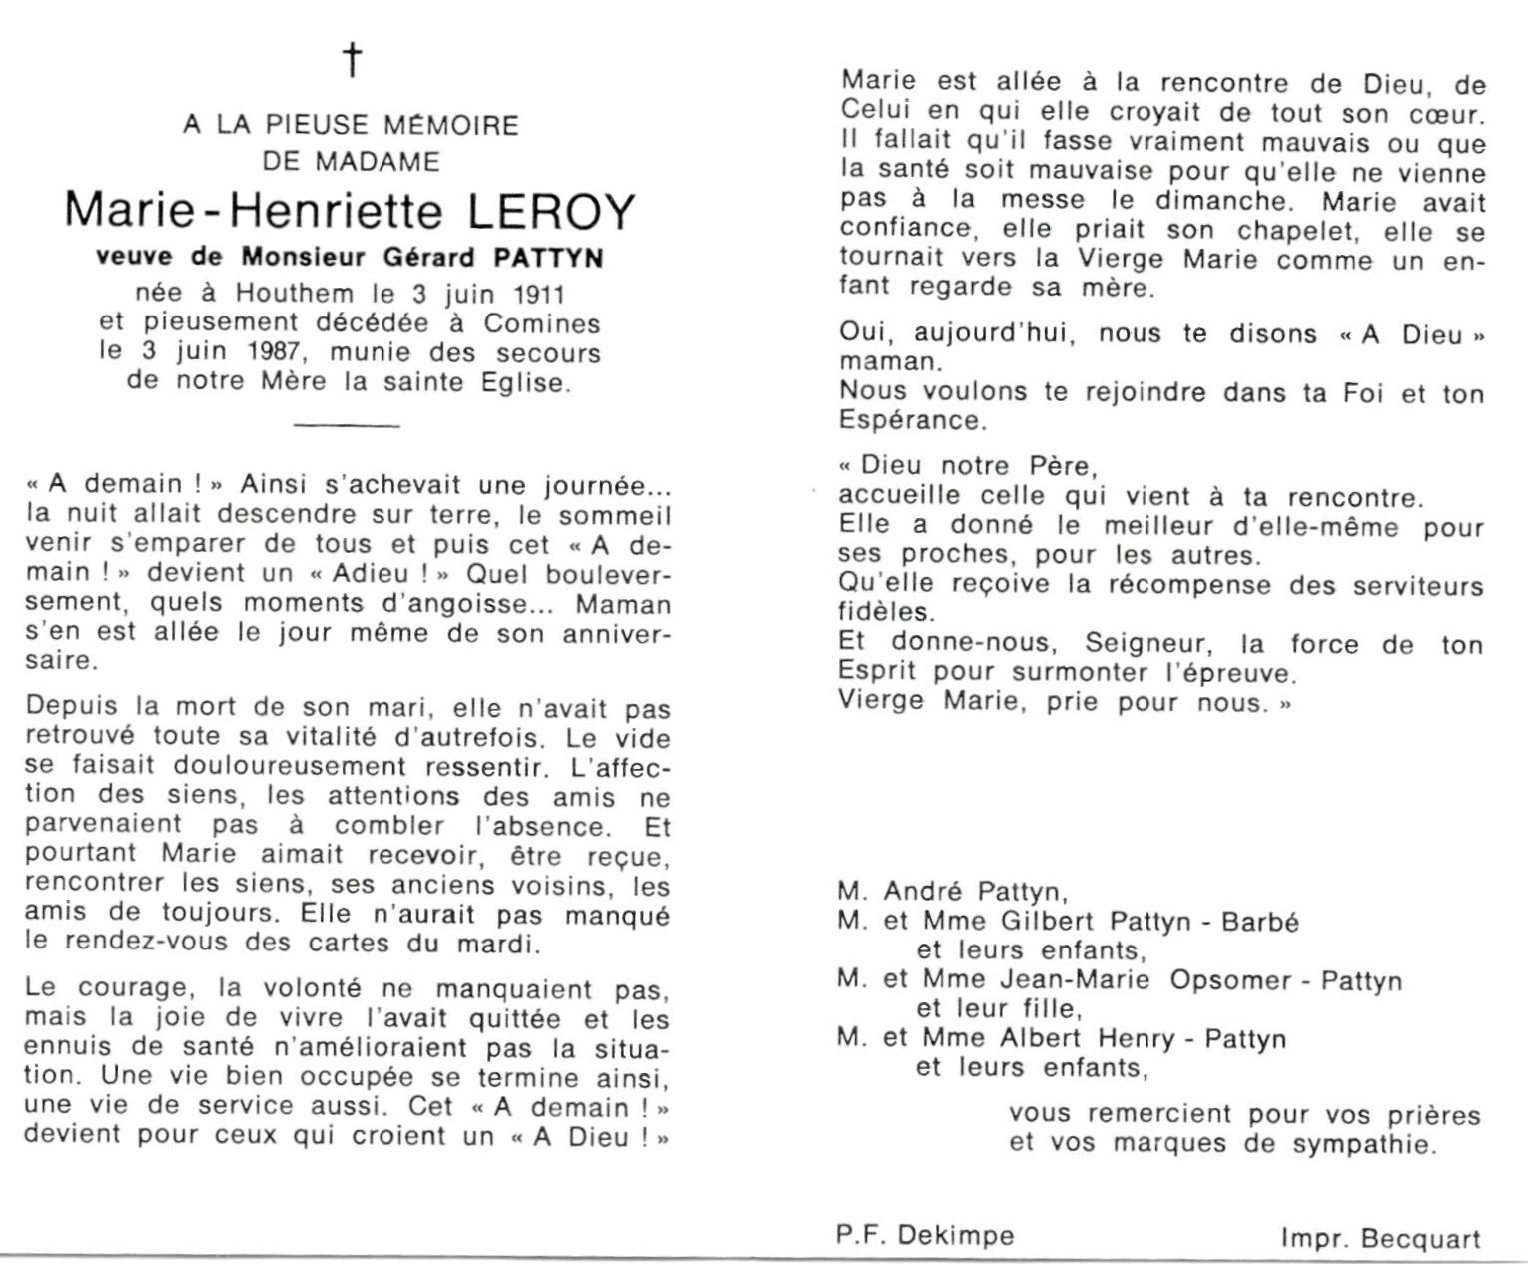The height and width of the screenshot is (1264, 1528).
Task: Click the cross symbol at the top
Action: (351, 60)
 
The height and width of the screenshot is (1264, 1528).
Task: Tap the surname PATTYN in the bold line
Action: (548, 257)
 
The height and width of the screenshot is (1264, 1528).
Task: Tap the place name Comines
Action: (542, 323)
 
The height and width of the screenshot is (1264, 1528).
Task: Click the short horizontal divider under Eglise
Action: (348, 426)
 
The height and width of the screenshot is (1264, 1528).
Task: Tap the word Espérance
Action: (912, 420)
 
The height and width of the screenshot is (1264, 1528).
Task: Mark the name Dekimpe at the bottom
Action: (956, 1236)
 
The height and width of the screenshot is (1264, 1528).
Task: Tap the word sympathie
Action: (1364, 1144)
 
